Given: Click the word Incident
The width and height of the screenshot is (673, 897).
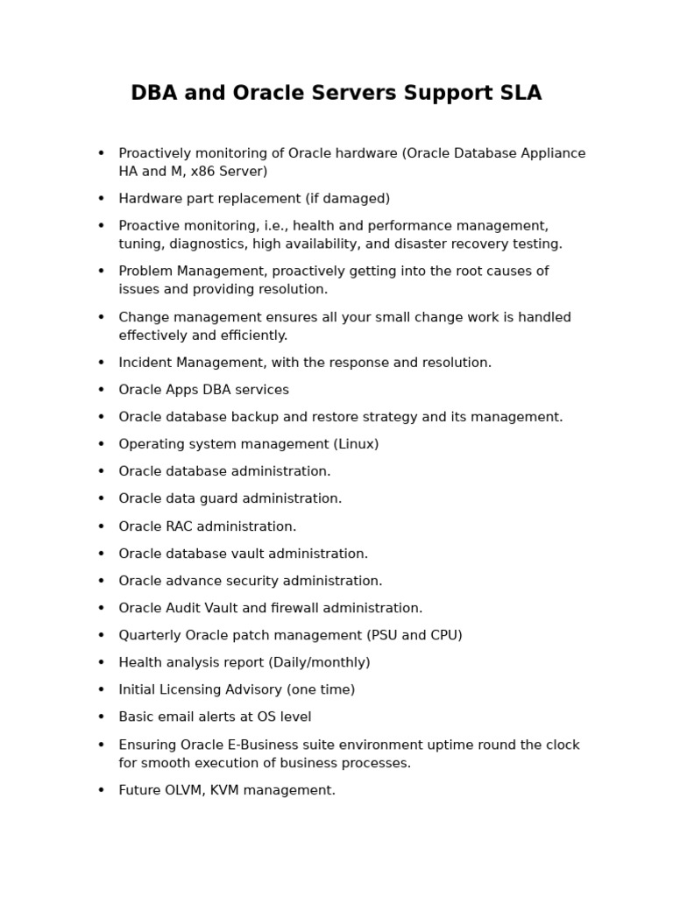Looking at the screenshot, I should [145, 363].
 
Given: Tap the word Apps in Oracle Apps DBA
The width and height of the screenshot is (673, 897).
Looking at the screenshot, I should [184, 390].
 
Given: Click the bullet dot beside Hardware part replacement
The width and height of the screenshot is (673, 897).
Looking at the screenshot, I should [101, 199].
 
